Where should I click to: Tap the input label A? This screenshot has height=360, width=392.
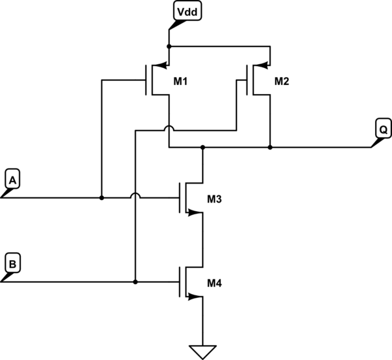pyautogui.click(x=12, y=177)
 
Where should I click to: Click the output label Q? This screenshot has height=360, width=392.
pyautogui.click(x=382, y=128)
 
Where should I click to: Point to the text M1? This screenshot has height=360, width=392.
pyautogui.click(x=180, y=81)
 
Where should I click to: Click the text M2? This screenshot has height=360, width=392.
pyautogui.click(x=281, y=81)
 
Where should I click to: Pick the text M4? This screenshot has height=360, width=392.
pyautogui.click(x=214, y=283)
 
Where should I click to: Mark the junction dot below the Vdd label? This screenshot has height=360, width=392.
pyautogui.click(x=169, y=46)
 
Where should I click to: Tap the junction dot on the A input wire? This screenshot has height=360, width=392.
pyautogui.click(x=101, y=197)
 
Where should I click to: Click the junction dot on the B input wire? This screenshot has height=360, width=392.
pyautogui.click(x=135, y=282)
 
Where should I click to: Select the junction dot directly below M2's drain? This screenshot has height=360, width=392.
pyautogui.click(x=270, y=148)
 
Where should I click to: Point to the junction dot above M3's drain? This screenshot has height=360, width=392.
pyautogui.click(x=203, y=148)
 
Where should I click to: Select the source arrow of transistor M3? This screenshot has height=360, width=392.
pyautogui.click(x=193, y=212)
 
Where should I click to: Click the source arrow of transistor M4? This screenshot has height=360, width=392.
pyautogui.click(x=193, y=297)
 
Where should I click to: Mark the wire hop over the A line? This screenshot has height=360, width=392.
pyautogui.click(x=135, y=196)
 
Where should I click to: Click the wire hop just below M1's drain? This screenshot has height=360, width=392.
pyautogui.click(x=169, y=129)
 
